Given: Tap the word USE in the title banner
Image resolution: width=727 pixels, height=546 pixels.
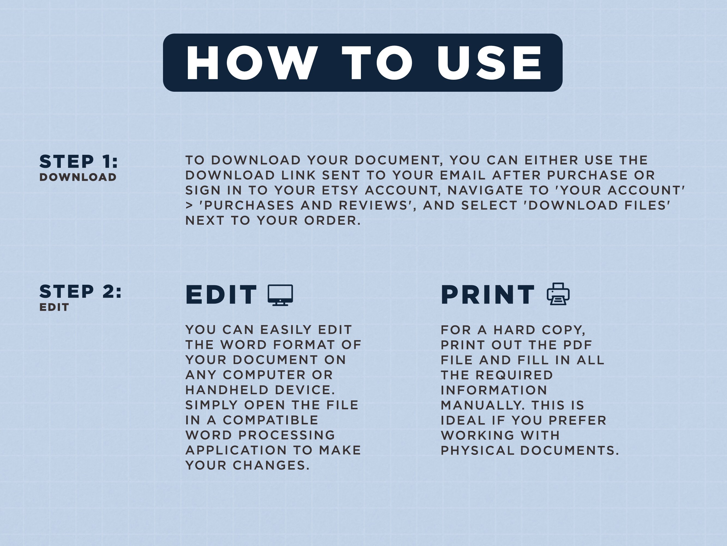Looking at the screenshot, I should (x=489, y=63).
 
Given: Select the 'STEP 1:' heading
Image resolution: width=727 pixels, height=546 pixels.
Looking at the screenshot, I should (x=78, y=162).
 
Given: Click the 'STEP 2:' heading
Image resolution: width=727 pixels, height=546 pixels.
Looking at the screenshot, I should (x=80, y=292).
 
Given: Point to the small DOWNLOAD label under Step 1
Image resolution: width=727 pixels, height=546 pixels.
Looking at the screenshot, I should (x=78, y=177).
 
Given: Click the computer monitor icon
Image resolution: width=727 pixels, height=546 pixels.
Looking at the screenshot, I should (x=280, y=295).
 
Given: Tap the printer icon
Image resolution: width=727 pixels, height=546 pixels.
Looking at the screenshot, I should (x=558, y=294).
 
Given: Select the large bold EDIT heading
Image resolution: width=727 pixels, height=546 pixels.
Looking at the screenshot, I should (x=221, y=295).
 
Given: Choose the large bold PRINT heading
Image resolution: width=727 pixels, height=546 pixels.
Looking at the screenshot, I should (x=488, y=295).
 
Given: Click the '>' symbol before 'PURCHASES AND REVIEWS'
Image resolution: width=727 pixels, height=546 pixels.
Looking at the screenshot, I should (x=189, y=206).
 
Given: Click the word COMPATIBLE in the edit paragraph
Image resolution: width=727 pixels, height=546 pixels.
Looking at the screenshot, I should (x=270, y=420).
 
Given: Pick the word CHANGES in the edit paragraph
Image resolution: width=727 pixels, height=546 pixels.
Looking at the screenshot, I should (x=271, y=465).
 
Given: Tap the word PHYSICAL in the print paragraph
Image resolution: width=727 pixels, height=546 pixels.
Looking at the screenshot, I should (x=477, y=450).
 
